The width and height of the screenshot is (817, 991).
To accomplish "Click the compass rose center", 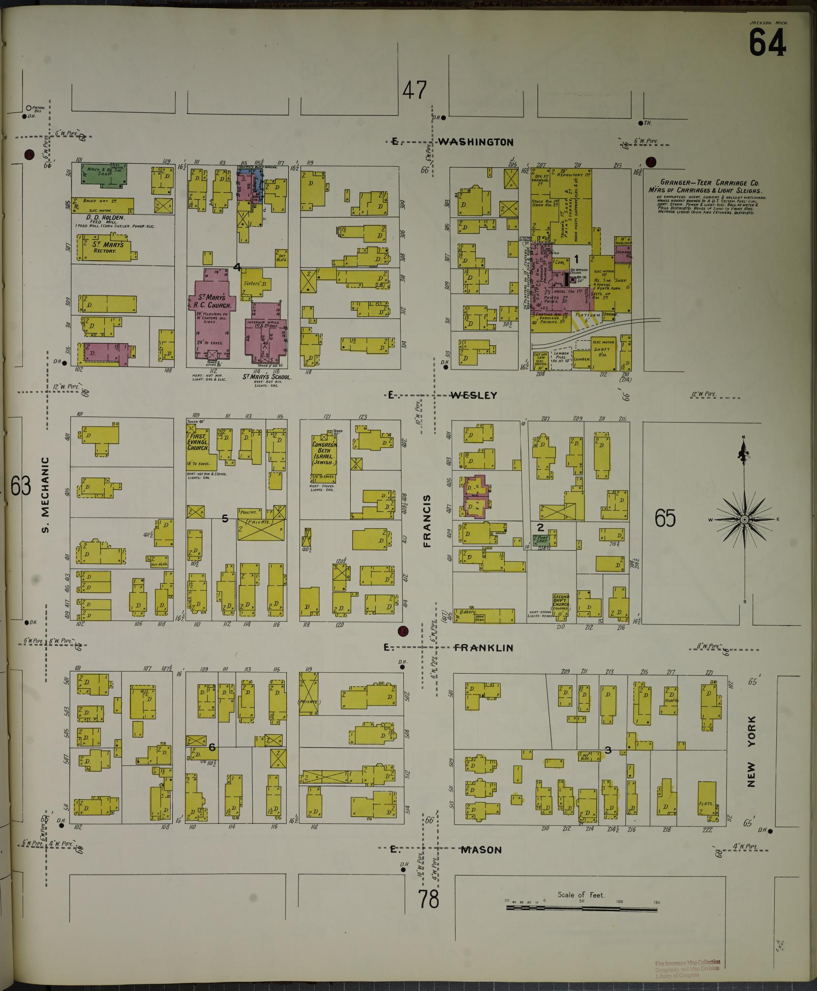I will pos(744,519).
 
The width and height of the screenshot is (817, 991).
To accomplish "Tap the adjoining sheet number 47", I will pos(414,91).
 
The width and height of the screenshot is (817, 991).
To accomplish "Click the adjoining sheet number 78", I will pos(429,899).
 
